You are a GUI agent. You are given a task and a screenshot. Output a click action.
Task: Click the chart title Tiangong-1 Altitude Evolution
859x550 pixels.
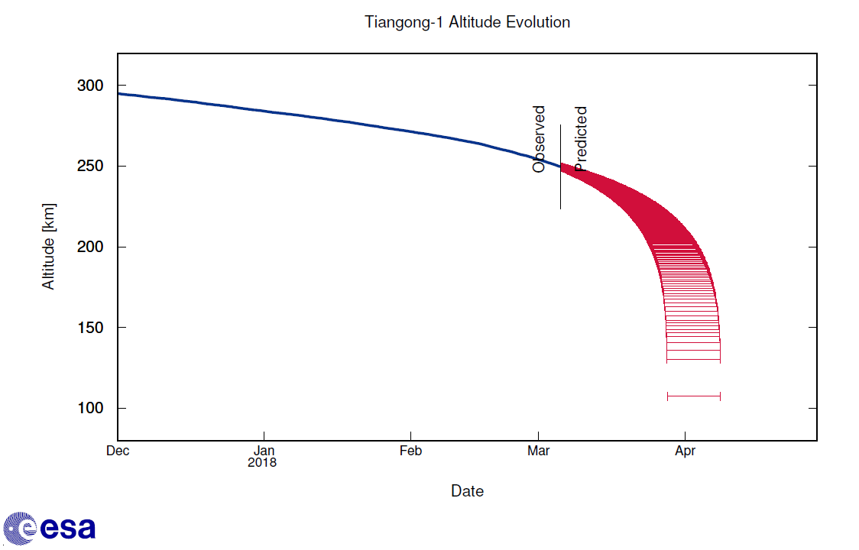467,22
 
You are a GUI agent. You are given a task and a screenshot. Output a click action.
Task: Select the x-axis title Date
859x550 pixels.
467,491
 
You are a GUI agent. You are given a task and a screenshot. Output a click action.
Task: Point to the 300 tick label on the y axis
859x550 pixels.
89,86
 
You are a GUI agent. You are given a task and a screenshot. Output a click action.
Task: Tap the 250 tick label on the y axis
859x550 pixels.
89,167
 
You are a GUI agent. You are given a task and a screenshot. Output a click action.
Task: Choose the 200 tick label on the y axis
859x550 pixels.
89,247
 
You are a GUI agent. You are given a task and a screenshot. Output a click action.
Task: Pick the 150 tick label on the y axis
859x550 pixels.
89,328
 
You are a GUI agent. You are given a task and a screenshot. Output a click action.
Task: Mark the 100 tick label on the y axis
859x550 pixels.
89,409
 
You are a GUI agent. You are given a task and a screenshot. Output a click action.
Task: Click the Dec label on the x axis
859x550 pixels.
118,451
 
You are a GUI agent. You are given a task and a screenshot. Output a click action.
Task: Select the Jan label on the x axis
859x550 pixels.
264,451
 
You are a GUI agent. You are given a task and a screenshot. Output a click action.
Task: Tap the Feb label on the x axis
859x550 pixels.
410,451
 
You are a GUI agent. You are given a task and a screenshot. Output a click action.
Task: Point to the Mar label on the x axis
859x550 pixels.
538,451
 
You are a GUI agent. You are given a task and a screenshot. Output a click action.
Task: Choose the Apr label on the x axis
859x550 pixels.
685,451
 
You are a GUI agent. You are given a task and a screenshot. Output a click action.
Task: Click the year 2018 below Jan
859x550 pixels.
262,462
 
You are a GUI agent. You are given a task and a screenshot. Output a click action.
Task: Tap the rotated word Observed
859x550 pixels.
539,139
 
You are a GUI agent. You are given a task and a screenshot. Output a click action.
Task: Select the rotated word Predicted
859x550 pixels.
581,139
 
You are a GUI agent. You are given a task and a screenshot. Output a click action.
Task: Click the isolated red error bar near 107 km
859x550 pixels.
694,396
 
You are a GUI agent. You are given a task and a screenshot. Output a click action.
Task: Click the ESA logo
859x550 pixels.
49,528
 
